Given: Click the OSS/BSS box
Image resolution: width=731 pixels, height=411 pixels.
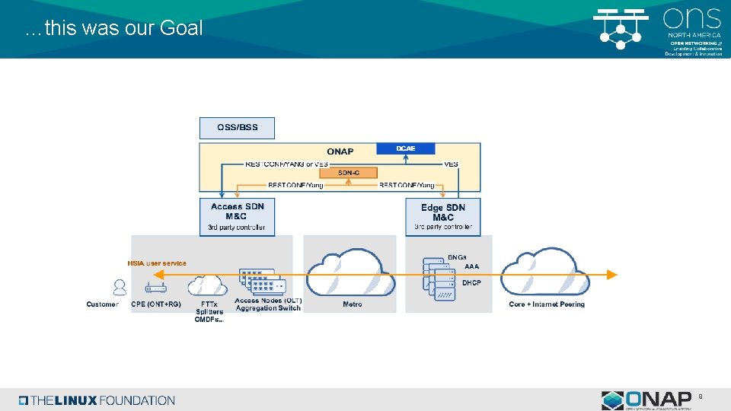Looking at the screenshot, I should pyautogui.click(x=237, y=128).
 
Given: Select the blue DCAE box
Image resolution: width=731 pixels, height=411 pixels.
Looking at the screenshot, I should pyautogui.click(x=405, y=148).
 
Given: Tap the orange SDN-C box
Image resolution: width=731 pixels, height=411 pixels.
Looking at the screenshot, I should pyautogui.click(x=348, y=173).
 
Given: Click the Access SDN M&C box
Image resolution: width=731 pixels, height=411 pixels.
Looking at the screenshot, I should pyautogui.click(x=237, y=217).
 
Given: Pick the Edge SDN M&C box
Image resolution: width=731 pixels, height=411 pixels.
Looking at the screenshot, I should pyautogui.click(x=442, y=217).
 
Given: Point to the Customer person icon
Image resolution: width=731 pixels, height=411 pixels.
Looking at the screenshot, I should pyautogui.click(x=120, y=287).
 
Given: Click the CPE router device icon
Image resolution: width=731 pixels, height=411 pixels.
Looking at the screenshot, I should pyautogui.click(x=156, y=288).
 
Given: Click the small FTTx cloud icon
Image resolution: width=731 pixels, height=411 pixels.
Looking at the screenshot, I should pyautogui.click(x=207, y=285).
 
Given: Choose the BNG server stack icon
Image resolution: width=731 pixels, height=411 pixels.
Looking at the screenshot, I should pyautogui.click(x=436, y=279).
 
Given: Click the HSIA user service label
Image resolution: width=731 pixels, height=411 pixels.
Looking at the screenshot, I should pyautogui.click(x=156, y=263).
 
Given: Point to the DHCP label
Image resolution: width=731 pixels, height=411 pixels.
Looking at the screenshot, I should pyautogui.click(x=471, y=282).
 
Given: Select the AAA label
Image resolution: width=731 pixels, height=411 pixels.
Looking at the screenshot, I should pyautogui.click(x=471, y=266).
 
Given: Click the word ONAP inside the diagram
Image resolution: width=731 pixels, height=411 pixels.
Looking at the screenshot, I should pyautogui.click(x=340, y=151).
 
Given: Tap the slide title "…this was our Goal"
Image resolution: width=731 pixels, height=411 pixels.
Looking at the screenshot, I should pyautogui.click(x=113, y=29).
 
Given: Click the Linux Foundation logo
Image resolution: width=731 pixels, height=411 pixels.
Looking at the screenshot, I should pyautogui.click(x=97, y=400).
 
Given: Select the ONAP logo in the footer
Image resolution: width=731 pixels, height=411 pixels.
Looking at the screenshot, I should pyautogui.click(x=646, y=400).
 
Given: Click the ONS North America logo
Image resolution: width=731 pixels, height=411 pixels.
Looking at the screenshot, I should pyautogui.click(x=658, y=30).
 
